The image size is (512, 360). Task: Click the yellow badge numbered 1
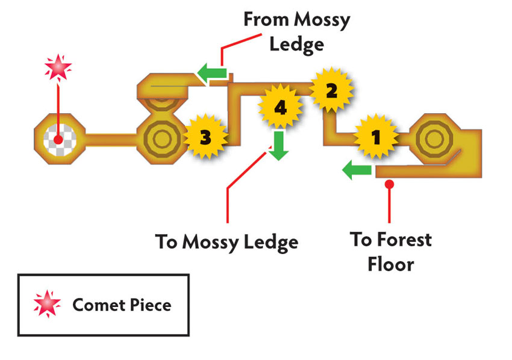376,137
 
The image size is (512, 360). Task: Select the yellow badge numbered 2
331,90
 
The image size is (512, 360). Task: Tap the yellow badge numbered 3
205,137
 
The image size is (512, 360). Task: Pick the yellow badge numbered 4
281,107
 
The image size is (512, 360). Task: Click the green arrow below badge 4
278,146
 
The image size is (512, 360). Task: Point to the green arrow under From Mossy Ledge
212,73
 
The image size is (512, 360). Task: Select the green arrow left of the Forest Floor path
357,170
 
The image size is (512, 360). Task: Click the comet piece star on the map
58,67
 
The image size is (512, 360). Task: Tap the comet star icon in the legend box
48,303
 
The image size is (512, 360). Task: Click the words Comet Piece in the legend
122,305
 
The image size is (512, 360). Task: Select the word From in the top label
266,20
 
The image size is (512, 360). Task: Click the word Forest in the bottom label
404,240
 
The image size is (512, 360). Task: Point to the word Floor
390,264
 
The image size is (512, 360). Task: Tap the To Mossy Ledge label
226,242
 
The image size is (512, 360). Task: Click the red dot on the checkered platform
58,140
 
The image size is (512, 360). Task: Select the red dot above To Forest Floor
389,184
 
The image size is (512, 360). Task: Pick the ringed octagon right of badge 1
434,138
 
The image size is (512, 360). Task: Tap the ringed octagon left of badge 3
162,139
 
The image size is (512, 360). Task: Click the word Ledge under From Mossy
296,45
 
